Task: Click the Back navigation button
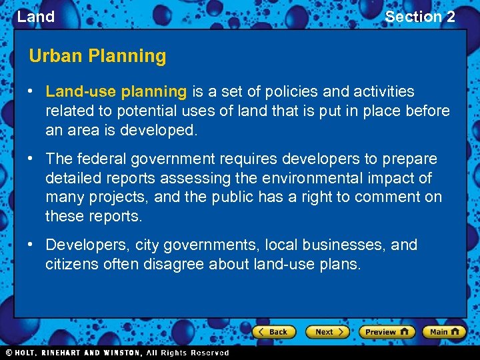pos(273,331)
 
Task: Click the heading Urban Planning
pos(97,56)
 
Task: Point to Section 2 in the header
pos(420,17)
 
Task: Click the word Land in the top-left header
pos(36,17)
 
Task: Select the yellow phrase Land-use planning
pos(116,91)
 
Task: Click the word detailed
pos(73,178)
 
